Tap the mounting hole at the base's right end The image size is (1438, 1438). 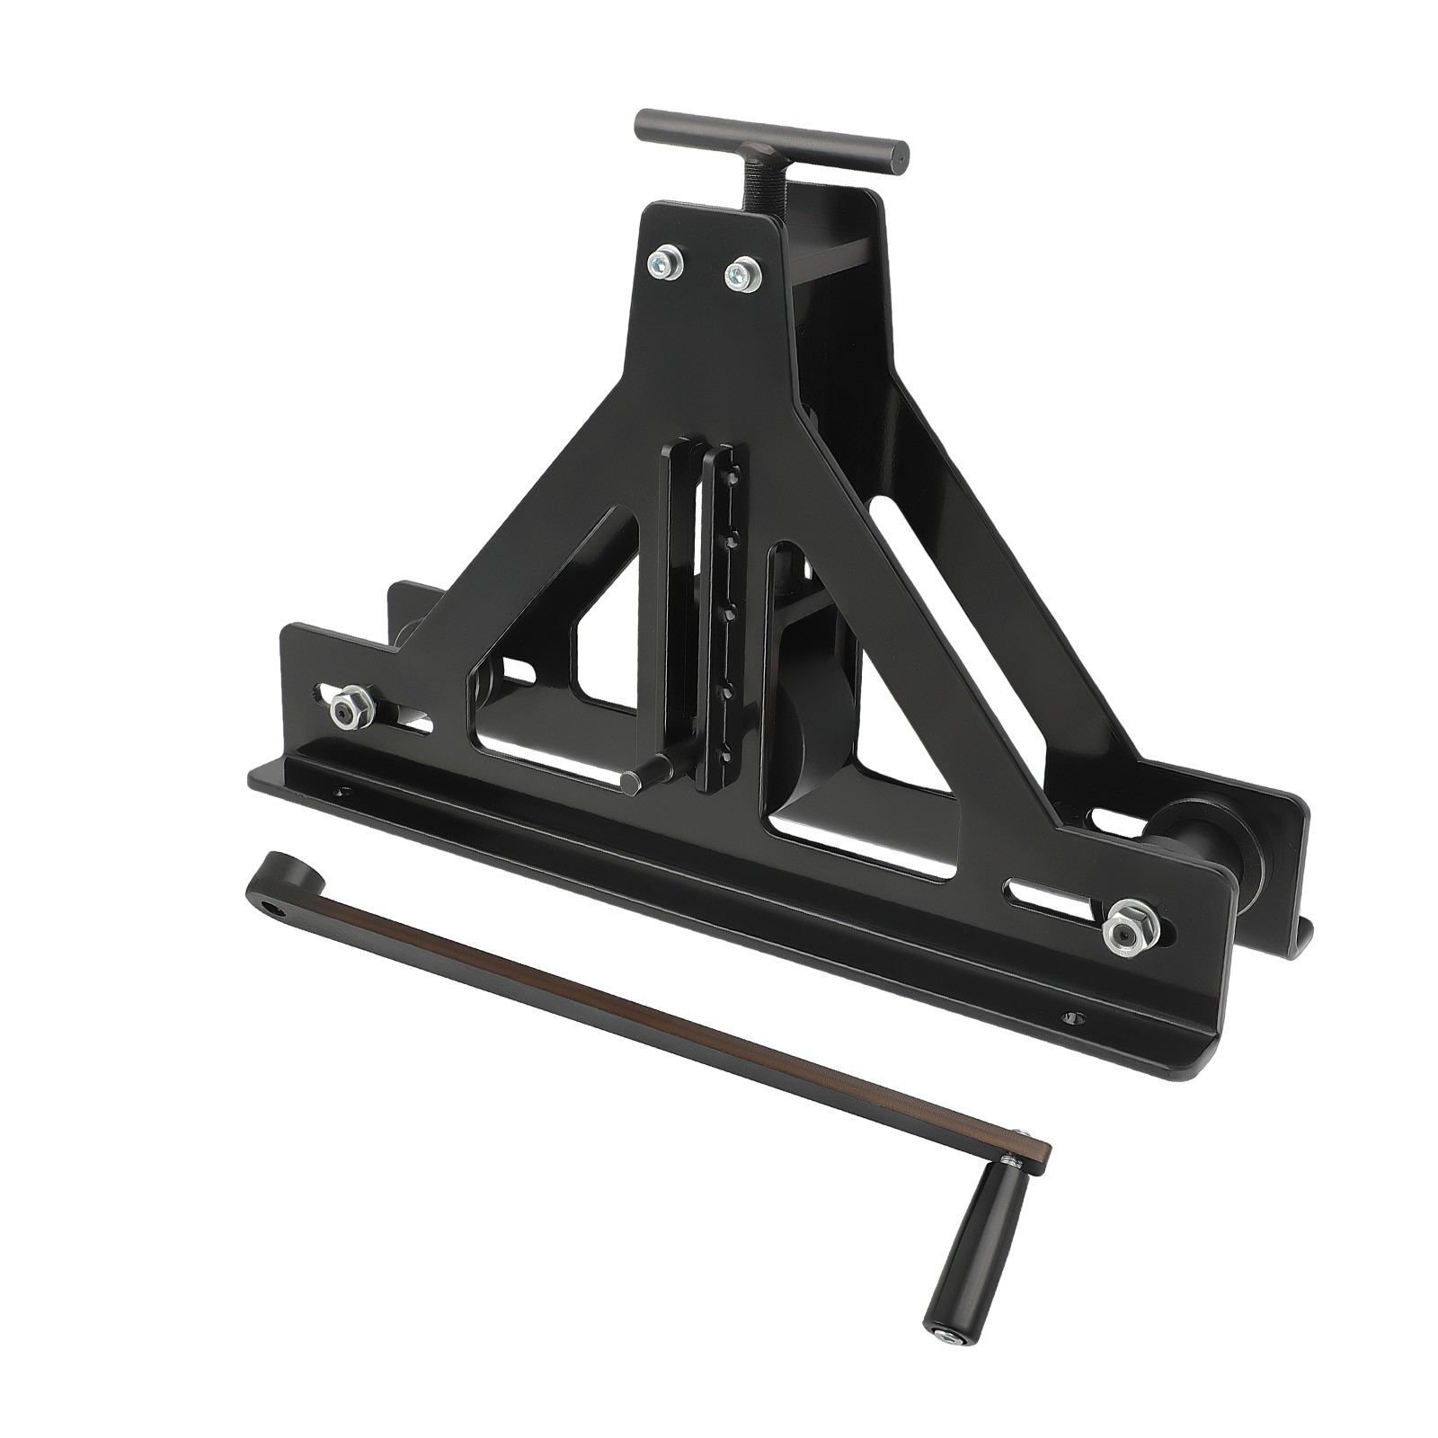pos(1070,1018)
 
